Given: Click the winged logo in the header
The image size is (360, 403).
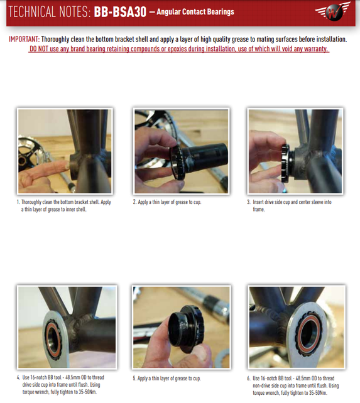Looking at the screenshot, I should (x=331, y=12).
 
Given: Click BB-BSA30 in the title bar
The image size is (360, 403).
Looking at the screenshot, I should (x=119, y=12).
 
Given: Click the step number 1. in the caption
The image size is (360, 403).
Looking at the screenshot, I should (x=19, y=203).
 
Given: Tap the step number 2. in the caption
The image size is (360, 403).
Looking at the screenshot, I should (x=134, y=203).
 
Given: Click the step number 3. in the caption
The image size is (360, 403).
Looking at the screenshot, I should (x=249, y=203).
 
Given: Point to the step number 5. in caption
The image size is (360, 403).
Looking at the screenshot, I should (x=134, y=379).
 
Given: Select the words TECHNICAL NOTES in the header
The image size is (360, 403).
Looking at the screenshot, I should (x=46, y=12).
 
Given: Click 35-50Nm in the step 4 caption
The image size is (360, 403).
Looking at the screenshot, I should (x=88, y=392).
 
